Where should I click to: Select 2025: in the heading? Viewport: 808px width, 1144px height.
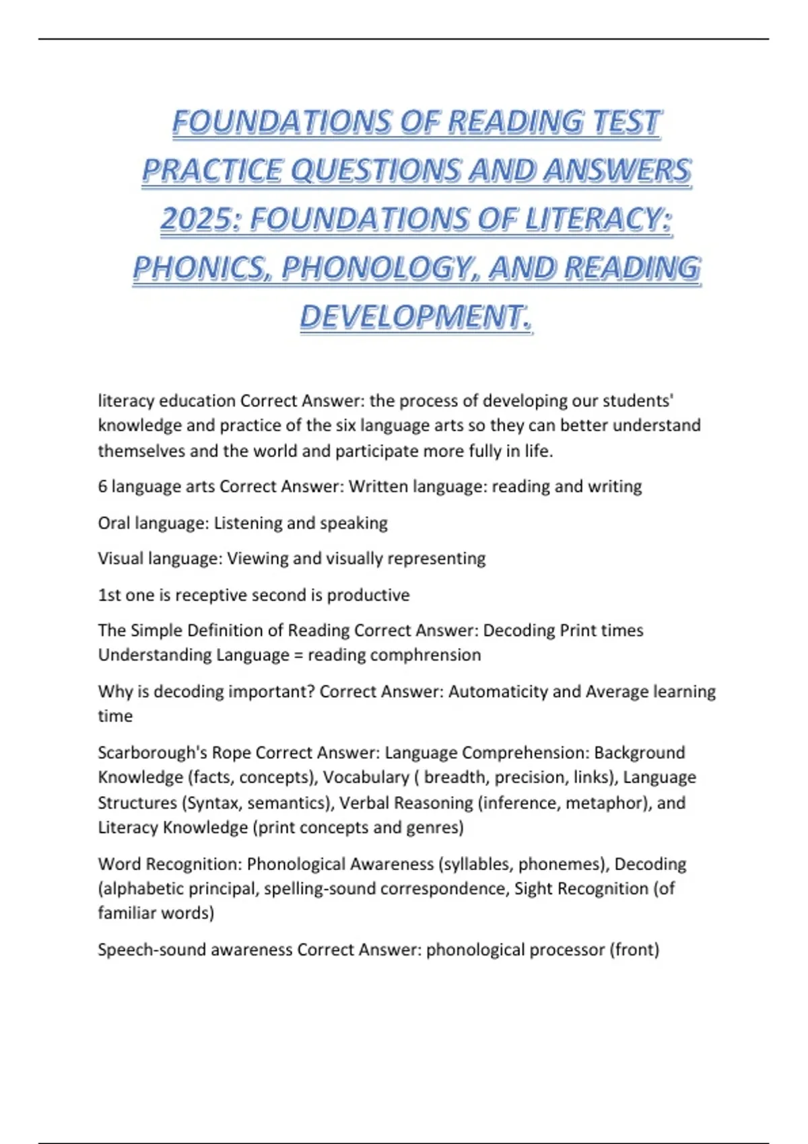200,220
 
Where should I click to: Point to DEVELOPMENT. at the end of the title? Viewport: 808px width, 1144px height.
416,317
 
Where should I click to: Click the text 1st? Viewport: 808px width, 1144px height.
109,595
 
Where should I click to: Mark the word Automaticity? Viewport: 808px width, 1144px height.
498,691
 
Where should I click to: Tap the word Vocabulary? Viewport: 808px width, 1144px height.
366,777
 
